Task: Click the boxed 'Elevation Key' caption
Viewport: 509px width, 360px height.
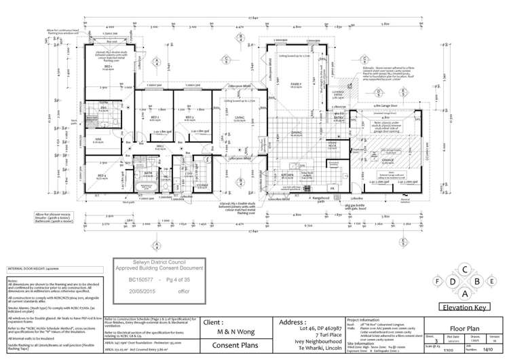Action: coord(464,308)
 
